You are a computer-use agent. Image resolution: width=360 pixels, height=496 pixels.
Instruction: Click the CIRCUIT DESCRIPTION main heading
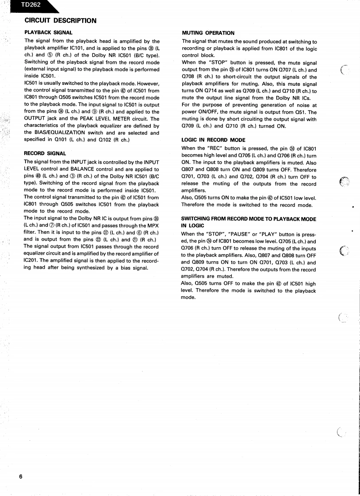[60, 20]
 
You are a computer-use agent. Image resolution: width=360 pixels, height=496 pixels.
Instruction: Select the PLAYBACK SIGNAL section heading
[48, 33]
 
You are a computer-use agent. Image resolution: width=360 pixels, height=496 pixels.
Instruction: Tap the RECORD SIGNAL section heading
[45, 153]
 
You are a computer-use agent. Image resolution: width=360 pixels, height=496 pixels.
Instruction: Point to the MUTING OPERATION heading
[208, 33]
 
